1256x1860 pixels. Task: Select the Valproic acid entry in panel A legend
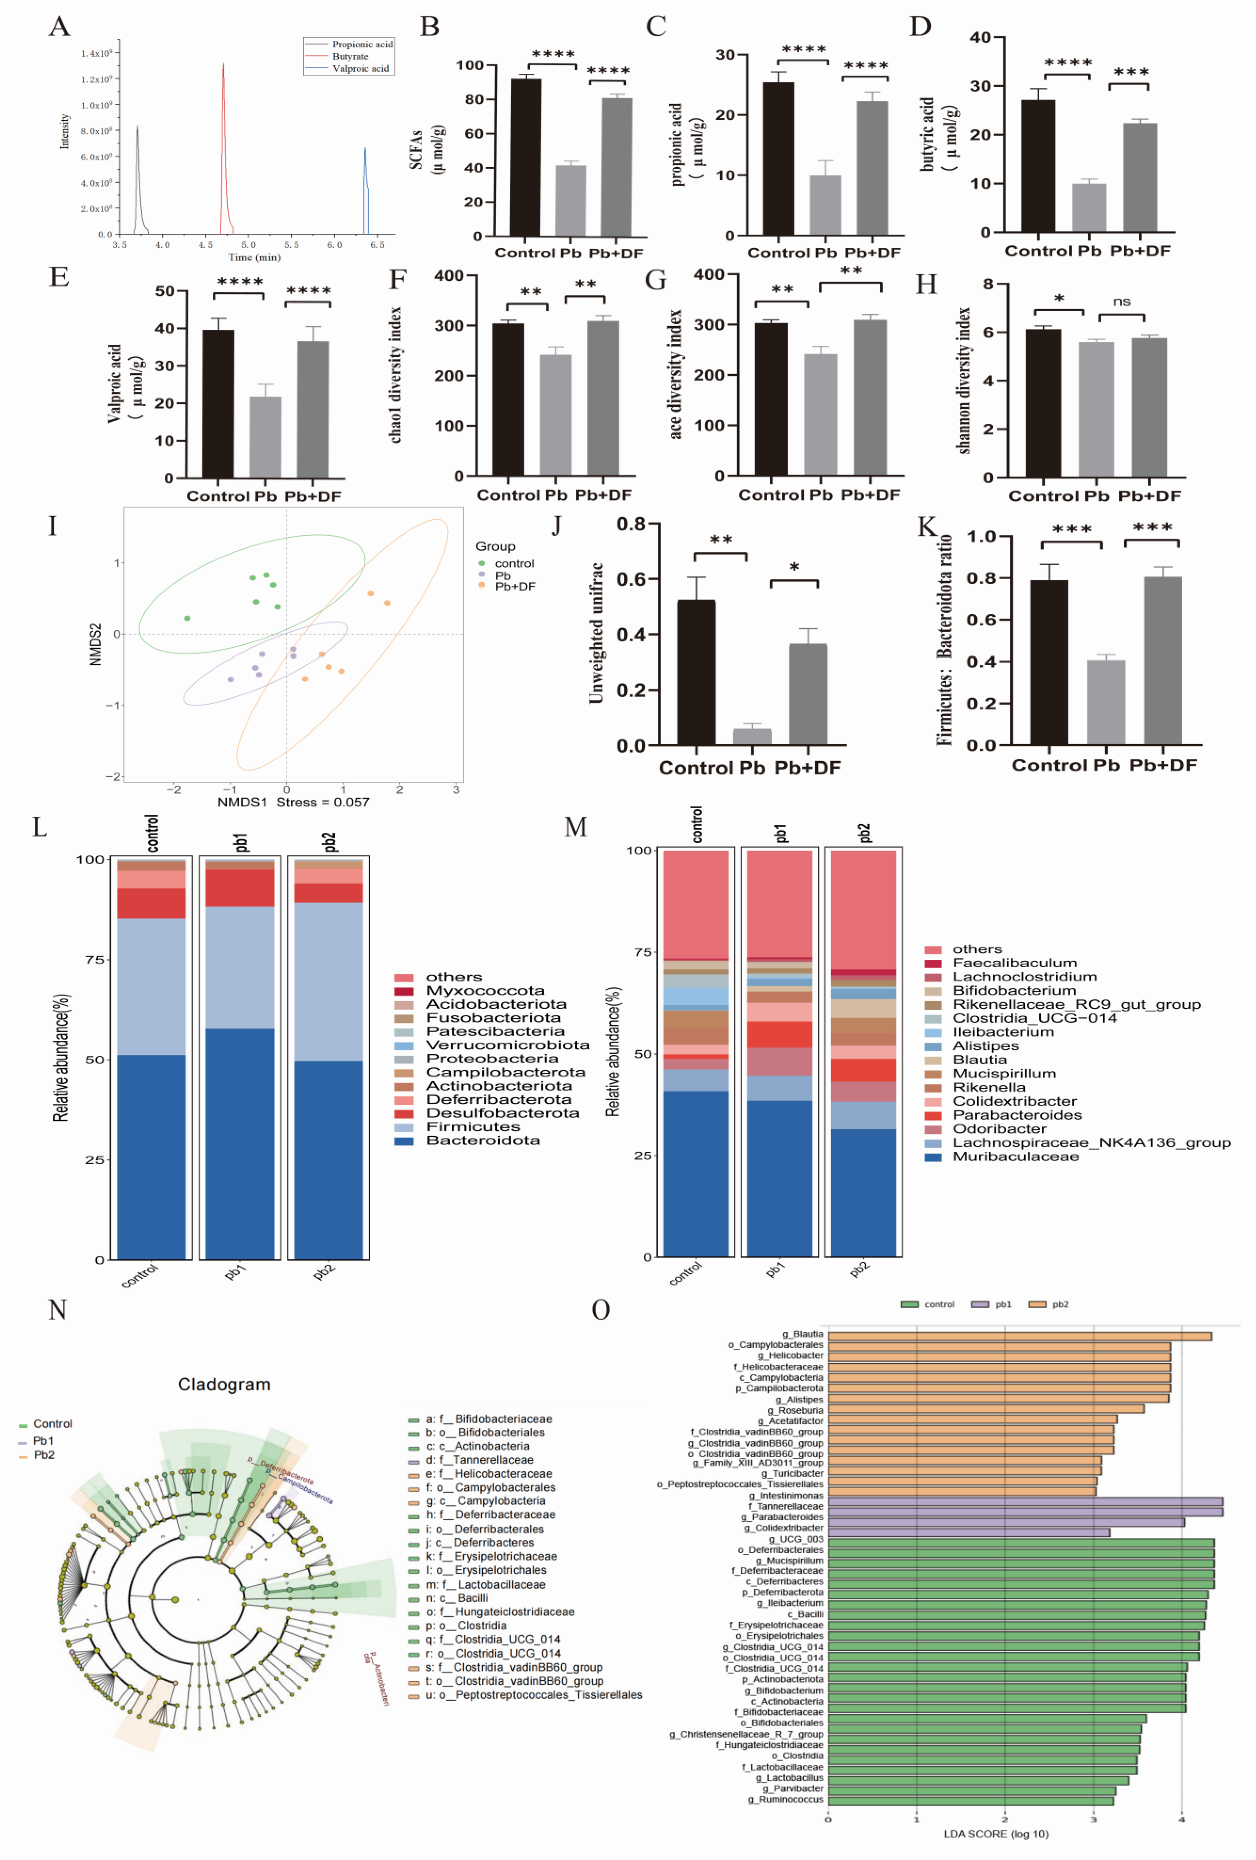coord(360,69)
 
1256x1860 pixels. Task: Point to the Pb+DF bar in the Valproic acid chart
coord(313,410)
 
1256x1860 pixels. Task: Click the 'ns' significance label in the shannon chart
coord(1121,302)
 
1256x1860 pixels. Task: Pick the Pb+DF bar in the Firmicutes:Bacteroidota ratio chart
coord(1162,661)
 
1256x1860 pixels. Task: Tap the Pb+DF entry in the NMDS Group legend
coord(515,587)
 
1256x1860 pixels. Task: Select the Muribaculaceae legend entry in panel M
coord(1015,1156)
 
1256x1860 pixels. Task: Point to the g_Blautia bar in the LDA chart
coord(1018,1336)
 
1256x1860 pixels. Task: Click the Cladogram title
coord(224,1384)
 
